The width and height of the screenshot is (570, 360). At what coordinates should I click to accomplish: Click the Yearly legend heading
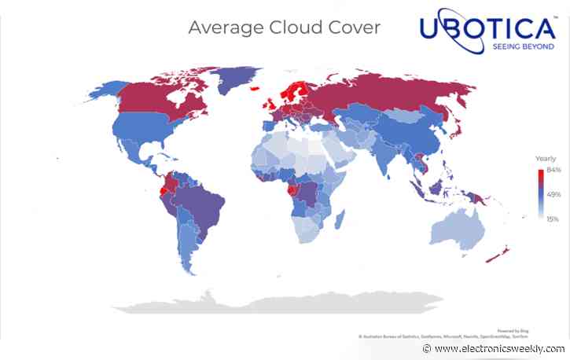[x=546, y=159]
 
